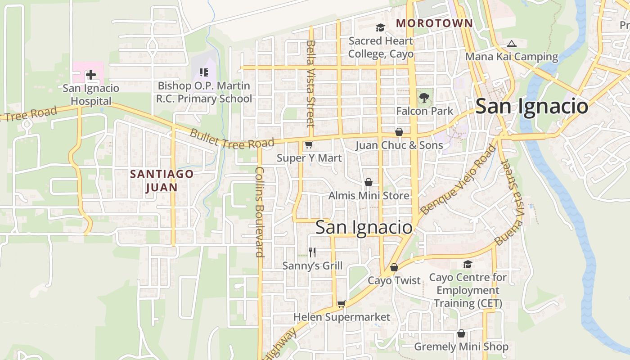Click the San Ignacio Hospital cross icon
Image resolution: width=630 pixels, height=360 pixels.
(x=91, y=75)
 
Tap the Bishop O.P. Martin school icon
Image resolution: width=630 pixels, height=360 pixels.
(x=203, y=72)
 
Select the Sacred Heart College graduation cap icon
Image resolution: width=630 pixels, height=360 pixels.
(x=380, y=28)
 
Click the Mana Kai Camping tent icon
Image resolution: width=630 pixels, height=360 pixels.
(x=511, y=44)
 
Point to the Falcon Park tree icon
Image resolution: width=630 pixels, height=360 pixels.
(x=424, y=97)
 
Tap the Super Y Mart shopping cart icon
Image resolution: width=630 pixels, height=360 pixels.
(x=309, y=145)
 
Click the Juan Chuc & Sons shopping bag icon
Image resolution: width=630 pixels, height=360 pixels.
(x=399, y=132)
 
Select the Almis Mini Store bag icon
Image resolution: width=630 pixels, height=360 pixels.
(x=369, y=182)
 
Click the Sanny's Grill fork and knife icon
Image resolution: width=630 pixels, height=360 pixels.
(x=312, y=252)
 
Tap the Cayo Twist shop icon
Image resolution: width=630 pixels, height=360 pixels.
(x=394, y=267)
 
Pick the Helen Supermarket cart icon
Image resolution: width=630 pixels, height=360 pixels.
(x=342, y=304)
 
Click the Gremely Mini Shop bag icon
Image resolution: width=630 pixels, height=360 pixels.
(x=461, y=333)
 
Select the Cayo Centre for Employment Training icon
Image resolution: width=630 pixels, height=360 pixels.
(x=468, y=265)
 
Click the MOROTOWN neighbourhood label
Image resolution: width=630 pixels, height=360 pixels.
(x=434, y=23)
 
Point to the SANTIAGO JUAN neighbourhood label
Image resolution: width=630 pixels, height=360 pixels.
(x=162, y=180)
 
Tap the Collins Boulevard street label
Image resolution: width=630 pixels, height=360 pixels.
(x=260, y=211)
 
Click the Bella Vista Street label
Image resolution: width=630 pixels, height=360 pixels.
(x=310, y=83)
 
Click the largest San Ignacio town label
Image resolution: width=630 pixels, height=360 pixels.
(x=531, y=107)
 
